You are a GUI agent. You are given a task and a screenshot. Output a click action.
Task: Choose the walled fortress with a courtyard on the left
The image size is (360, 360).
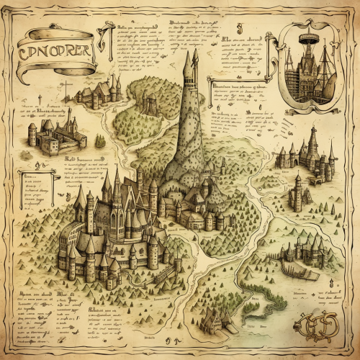(45, 137)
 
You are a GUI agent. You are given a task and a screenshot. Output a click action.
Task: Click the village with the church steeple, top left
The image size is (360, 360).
(99, 92)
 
